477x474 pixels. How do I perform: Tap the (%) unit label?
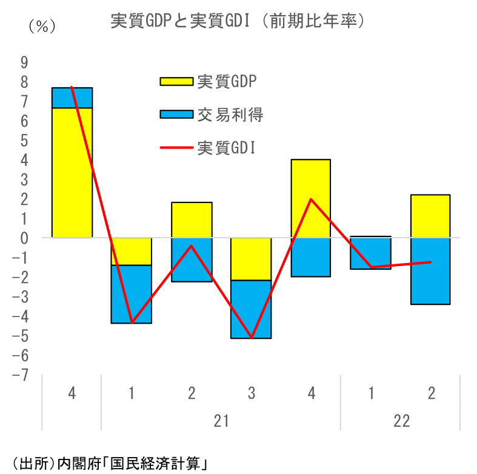coord(41,26)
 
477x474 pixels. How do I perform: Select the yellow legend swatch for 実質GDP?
coord(176,81)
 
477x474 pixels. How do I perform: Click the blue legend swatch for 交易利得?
coord(176,114)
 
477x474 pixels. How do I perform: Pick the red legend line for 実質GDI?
coord(176,147)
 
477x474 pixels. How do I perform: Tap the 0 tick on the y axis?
coord(25,238)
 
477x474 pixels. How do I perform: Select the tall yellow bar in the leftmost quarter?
coord(72,173)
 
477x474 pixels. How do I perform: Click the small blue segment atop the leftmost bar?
coord(72,98)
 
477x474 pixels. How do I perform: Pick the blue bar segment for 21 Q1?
coord(132,294)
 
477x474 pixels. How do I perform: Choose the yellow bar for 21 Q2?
coord(192,219)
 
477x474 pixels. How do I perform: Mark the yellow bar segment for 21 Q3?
coord(251,259)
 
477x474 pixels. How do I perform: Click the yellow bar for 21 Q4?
coord(311,198)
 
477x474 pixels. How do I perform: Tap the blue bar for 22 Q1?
coord(371,253)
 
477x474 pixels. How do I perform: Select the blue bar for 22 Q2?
coord(431,271)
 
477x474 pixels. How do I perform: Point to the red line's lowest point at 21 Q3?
coord(251,338)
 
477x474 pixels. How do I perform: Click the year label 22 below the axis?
coord(401,421)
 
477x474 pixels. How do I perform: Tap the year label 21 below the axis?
coord(221,421)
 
